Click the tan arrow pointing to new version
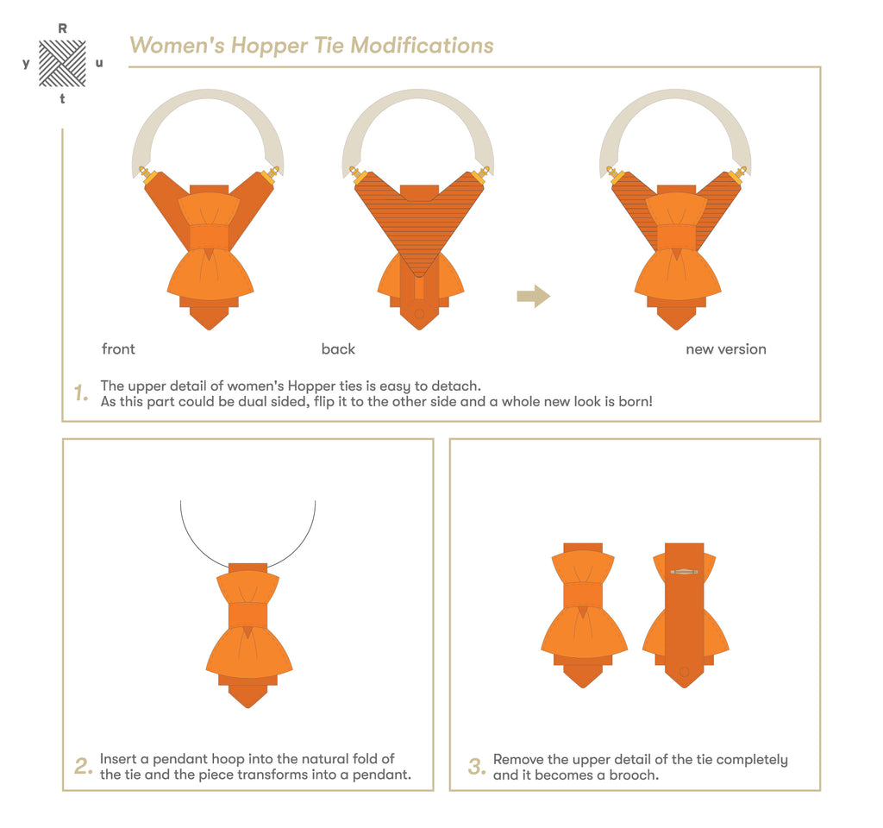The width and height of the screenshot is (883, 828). (533, 297)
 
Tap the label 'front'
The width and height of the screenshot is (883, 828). (118, 349)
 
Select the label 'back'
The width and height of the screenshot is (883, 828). (338, 349)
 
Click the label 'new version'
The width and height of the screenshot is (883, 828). (726, 349)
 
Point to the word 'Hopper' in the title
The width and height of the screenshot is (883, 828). (269, 46)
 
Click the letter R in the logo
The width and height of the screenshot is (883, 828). (62, 28)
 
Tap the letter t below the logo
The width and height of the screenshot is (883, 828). (62, 98)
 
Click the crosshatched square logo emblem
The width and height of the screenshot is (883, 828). (62, 63)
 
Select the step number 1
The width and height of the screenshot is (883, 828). (81, 393)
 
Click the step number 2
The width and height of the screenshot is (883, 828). (84, 767)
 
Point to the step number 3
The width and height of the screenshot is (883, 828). (476, 767)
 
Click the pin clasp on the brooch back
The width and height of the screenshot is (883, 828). (684, 573)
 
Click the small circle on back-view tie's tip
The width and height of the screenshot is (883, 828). (419, 314)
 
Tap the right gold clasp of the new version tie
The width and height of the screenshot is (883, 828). (739, 174)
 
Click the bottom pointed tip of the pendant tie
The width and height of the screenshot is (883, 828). (247, 707)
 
